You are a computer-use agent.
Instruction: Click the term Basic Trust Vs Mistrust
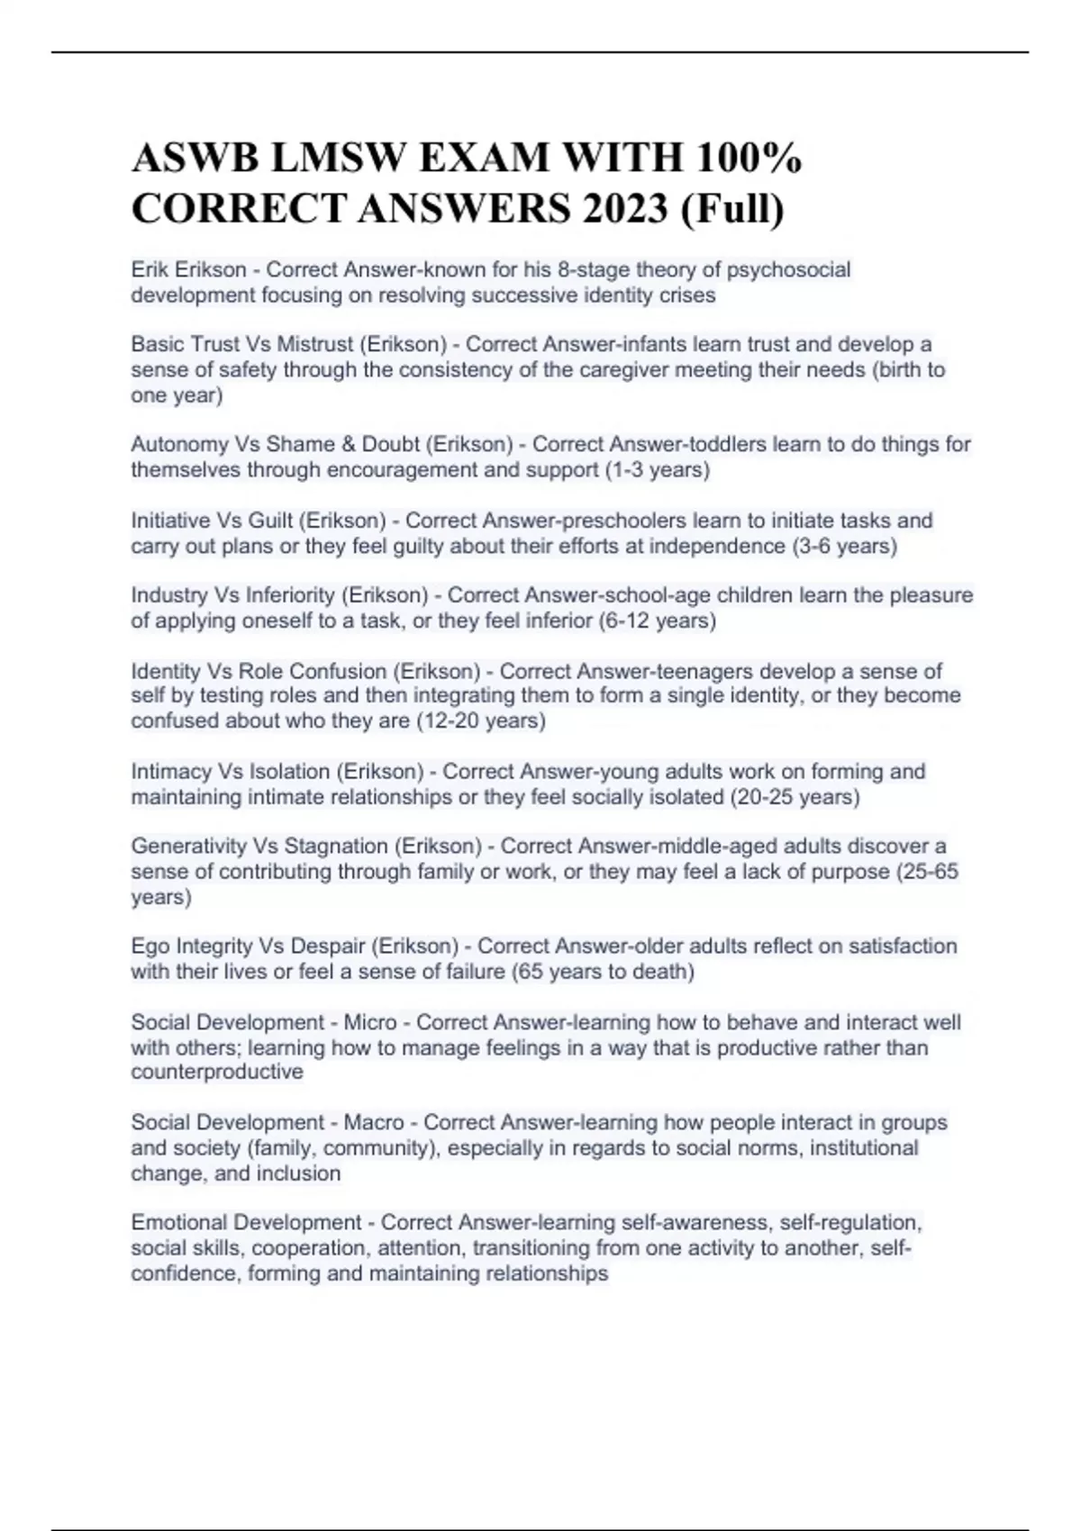[x=241, y=344]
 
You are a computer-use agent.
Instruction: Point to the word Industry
[x=168, y=595]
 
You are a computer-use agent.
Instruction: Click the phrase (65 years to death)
[x=603, y=972]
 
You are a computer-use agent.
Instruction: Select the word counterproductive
[x=217, y=1072]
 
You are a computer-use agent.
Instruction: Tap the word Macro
[x=374, y=1122]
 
